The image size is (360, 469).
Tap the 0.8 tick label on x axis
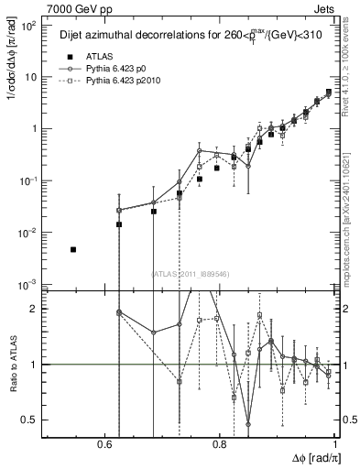point(220,444)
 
